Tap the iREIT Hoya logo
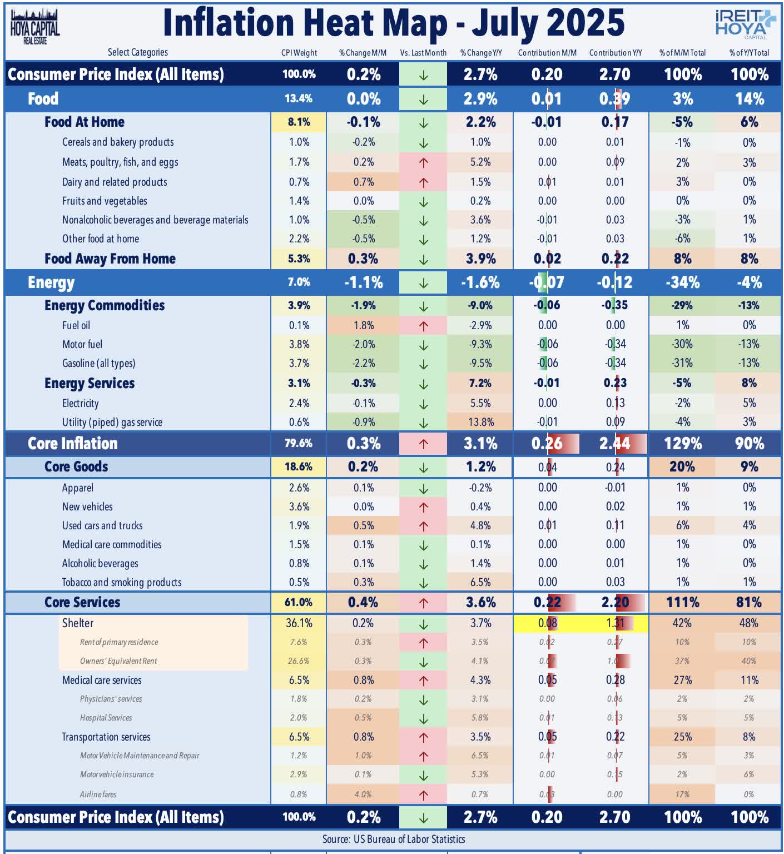[x=744, y=24]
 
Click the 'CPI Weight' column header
[x=299, y=53]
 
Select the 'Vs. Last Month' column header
[x=423, y=53]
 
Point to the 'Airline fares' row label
[x=98, y=794]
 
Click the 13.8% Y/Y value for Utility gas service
[x=480, y=422]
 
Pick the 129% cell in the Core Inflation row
[x=682, y=444]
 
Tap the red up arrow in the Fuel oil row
[x=423, y=326]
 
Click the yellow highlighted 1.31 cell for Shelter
[x=615, y=623]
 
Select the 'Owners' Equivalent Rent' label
[x=118, y=661]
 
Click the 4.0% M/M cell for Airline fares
[x=363, y=794]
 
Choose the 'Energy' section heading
[x=51, y=282]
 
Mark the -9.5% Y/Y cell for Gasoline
[x=480, y=363]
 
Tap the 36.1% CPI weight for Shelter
[x=299, y=623]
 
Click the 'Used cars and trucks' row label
[x=102, y=525]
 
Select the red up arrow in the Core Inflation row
[x=423, y=444]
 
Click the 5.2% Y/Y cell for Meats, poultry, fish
[x=480, y=162]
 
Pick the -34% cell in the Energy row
[x=682, y=282]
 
